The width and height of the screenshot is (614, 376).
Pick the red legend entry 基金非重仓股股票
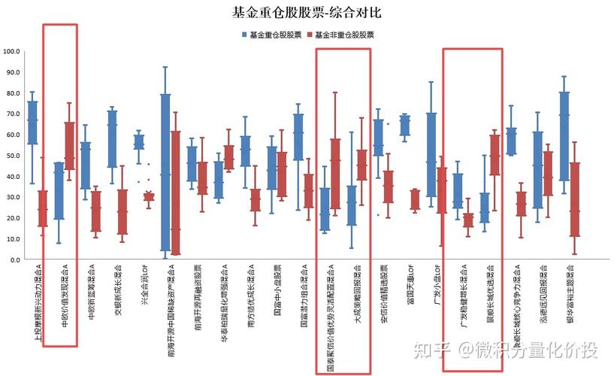(x=343, y=35)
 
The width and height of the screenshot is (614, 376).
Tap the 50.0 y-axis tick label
(x=13, y=156)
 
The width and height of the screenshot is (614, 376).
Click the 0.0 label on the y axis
(x=14, y=259)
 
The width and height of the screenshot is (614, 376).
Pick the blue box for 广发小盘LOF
(x=431, y=154)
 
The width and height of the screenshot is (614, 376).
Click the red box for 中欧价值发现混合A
(x=70, y=146)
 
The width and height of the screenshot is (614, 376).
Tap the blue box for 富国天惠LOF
(x=405, y=125)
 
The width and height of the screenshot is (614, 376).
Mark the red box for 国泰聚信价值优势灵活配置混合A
(x=335, y=173)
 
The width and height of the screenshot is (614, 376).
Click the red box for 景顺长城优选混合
(x=495, y=155)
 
